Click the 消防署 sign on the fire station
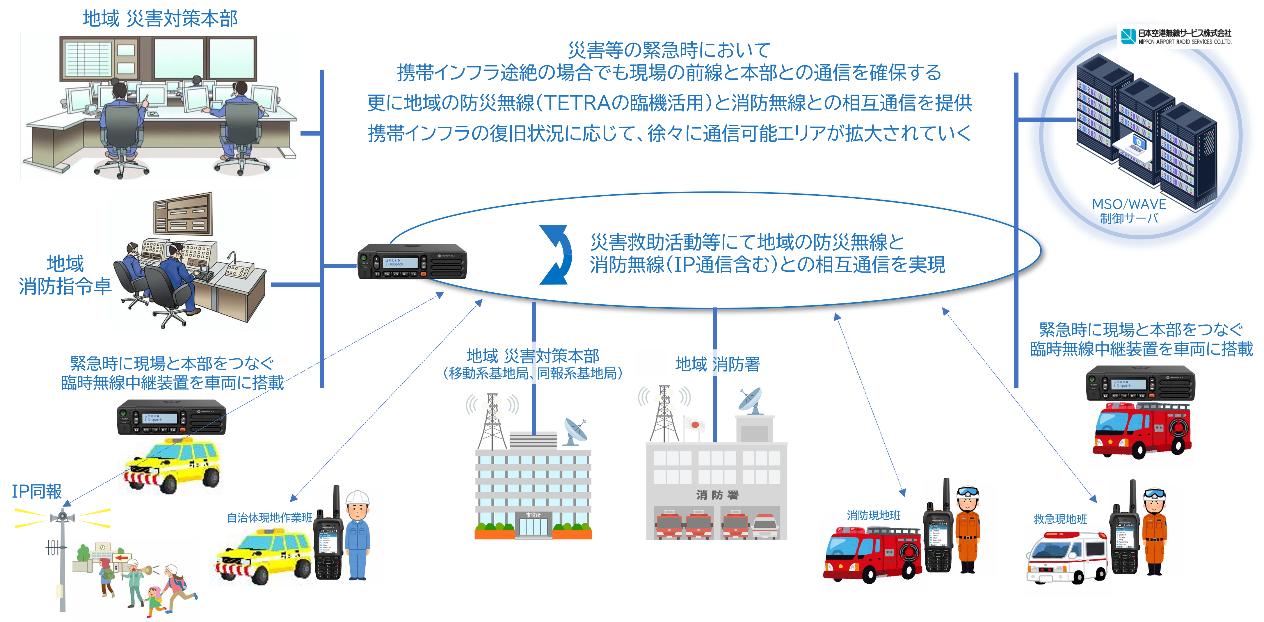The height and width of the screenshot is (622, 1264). (x=717, y=495)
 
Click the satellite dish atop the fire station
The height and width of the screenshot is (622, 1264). (x=751, y=400)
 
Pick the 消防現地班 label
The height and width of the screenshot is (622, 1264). (x=873, y=515)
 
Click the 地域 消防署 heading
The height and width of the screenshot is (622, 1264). (x=717, y=364)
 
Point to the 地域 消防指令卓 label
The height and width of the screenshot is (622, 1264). (x=65, y=275)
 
